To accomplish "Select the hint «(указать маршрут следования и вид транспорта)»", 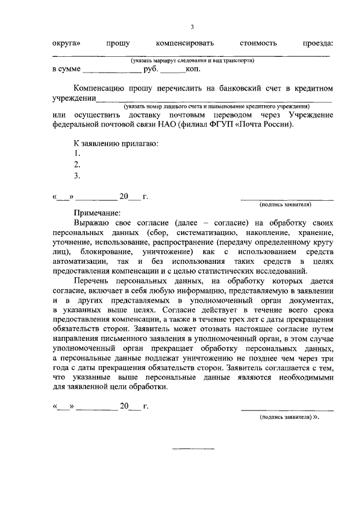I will pos(192,60).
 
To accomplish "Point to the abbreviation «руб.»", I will pos(152,70).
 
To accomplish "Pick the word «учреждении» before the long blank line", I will pos(73,98).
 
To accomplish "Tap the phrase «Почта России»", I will pos(264,125).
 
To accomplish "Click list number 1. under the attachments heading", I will pos(77,154).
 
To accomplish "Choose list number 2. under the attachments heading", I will pos(77,165).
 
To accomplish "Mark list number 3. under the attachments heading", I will pos(77,175).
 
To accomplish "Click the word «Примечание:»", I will pos(97,213).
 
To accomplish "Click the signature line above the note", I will pos(287,199).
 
